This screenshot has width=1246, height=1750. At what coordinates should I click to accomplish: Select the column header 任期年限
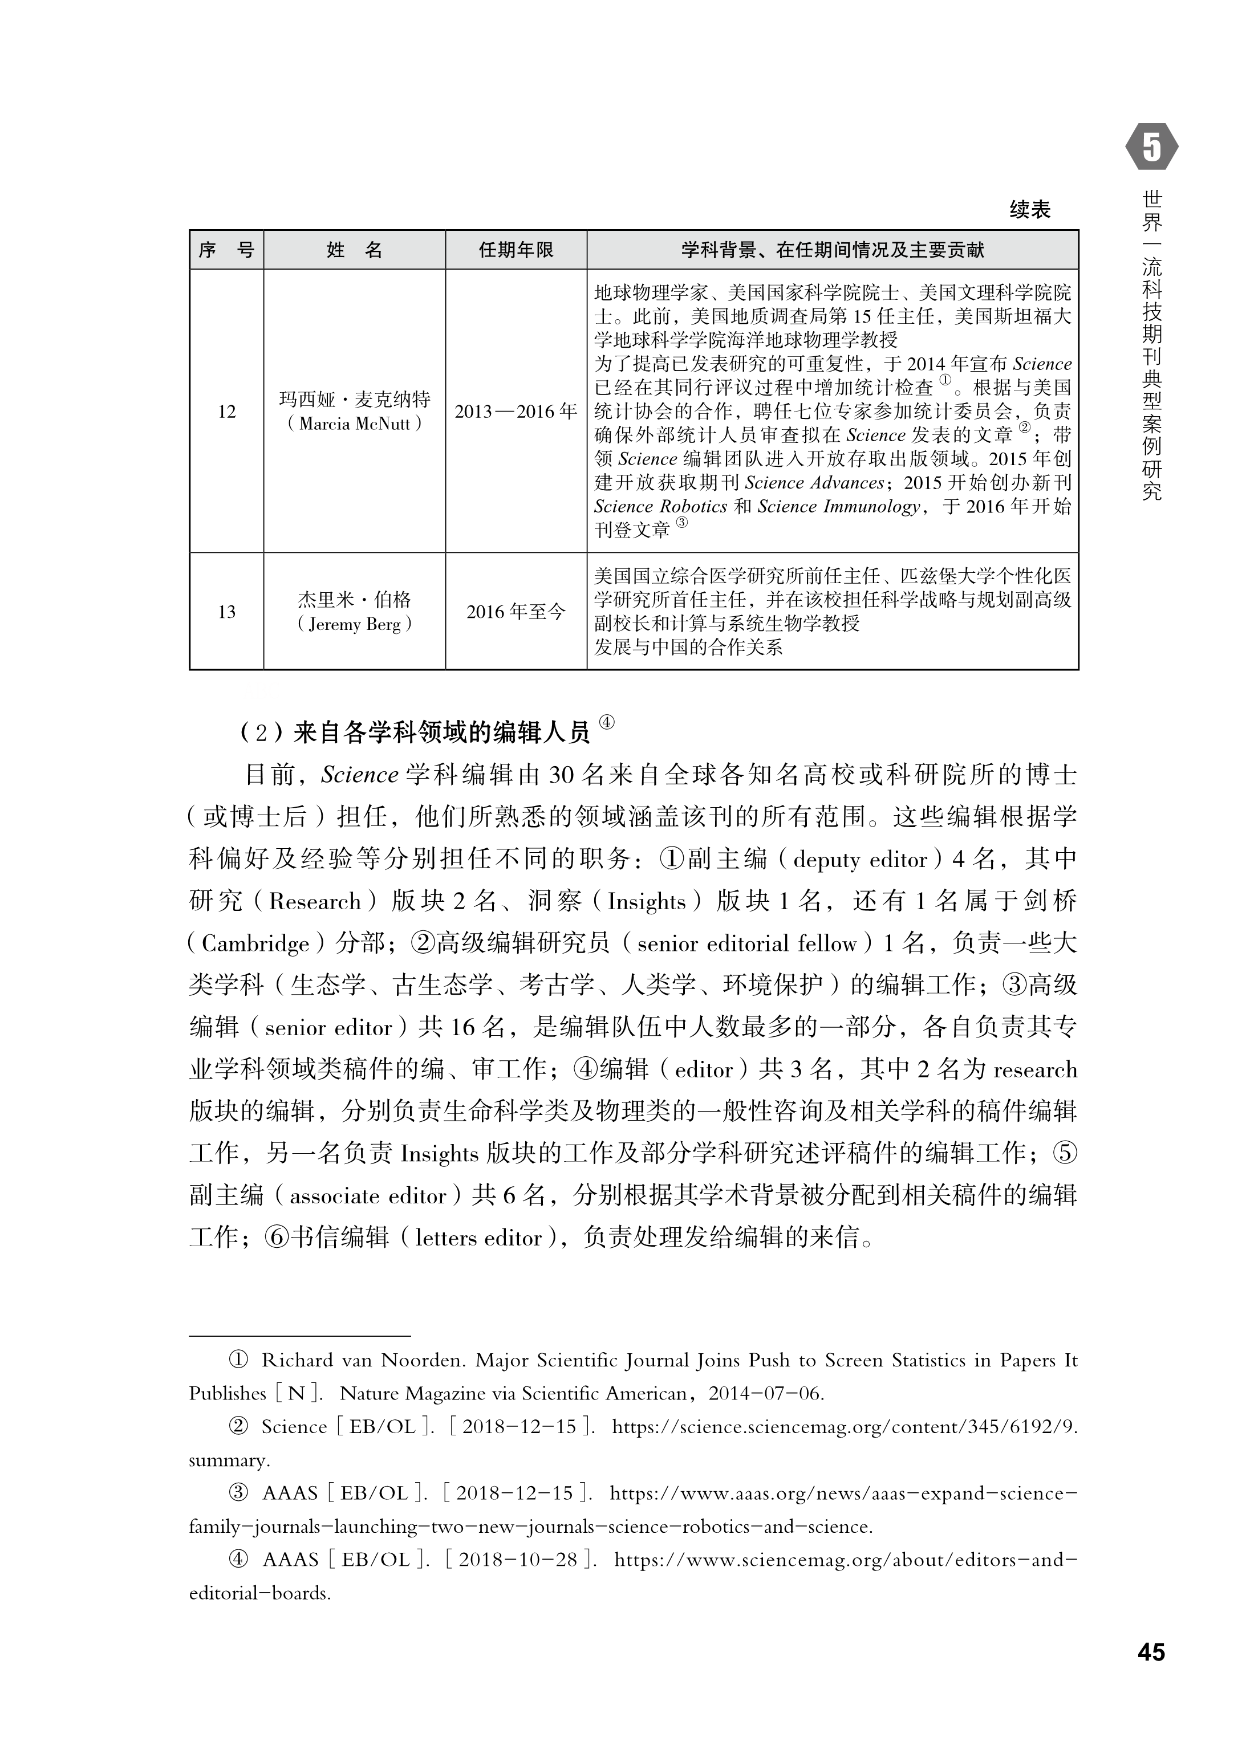pyautogui.click(x=516, y=250)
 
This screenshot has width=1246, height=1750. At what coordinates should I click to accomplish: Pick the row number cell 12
pyautogui.click(x=226, y=412)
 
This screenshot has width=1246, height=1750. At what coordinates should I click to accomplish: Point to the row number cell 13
pyautogui.click(x=226, y=612)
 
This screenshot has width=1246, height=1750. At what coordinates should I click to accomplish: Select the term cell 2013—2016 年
pyautogui.click(x=516, y=412)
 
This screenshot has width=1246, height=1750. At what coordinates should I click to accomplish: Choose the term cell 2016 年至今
pyautogui.click(x=516, y=612)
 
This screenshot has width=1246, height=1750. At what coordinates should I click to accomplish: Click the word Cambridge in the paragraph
pyautogui.click(x=255, y=943)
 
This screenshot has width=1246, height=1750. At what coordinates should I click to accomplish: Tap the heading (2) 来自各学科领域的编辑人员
pyautogui.click(x=415, y=733)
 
